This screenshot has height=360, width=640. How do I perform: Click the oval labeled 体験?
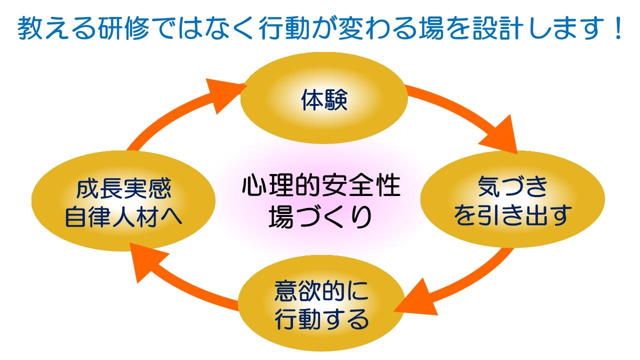click(x=324, y=100)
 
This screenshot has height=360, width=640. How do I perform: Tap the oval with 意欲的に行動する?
click(x=322, y=305)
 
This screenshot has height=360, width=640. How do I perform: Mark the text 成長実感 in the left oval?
click(x=124, y=189)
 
